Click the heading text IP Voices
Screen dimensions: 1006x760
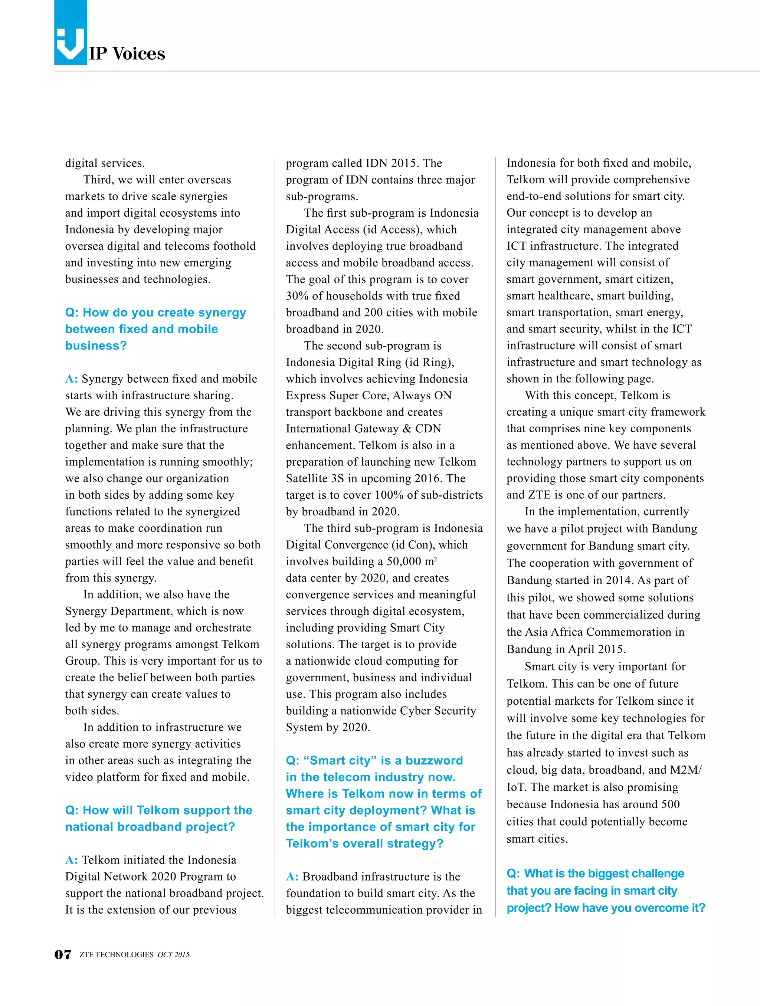click(127, 54)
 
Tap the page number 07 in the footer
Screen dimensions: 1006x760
click(63, 955)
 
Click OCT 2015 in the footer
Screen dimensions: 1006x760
click(173, 955)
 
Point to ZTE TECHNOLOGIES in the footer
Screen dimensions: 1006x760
click(117, 955)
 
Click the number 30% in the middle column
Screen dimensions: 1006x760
click(297, 296)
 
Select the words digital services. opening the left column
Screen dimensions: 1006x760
click(105, 163)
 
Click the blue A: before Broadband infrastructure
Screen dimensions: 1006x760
click(292, 876)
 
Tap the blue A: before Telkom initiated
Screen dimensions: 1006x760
click(71, 860)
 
